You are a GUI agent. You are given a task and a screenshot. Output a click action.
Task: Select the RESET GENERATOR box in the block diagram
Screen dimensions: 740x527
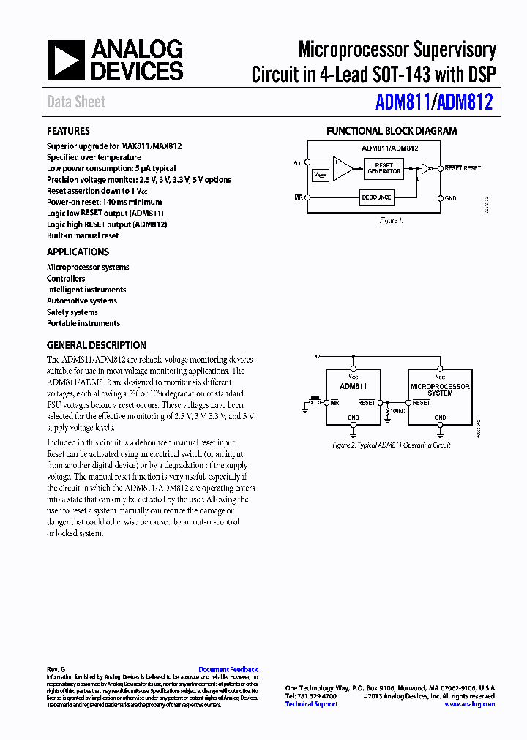pyautogui.click(x=384, y=168)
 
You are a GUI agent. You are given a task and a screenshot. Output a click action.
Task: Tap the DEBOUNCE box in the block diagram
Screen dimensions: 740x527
pyautogui.click(x=377, y=197)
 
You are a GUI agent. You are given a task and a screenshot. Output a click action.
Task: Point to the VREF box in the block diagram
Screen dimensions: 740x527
pyautogui.click(x=321, y=175)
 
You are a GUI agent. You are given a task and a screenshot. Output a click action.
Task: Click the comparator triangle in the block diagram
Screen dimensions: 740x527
pyautogui.click(x=342, y=168)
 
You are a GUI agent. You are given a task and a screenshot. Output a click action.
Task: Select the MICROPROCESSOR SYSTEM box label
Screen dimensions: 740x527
pyautogui.click(x=440, y=390)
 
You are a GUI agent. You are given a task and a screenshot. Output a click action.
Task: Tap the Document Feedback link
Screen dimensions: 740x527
pyautogui.click(x=228, y=670)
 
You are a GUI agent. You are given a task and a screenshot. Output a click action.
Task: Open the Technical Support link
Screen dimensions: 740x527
pyautogui.click(x=311, y=704)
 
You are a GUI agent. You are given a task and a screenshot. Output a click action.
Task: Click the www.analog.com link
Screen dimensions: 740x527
pyautogui.click(x=470, y=704)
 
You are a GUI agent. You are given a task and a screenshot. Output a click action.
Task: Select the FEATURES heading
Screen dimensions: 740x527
pyautogui.click(x=68, y=132)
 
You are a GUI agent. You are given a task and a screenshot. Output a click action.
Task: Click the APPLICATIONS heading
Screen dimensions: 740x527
pyautogui.click(x=78, y=252)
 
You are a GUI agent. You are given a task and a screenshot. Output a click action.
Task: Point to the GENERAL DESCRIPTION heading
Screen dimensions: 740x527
pyautogui.click(x=97, y=345)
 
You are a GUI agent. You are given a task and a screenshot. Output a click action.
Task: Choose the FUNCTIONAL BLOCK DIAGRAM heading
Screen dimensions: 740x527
pyautogui.click(x=392, y=132)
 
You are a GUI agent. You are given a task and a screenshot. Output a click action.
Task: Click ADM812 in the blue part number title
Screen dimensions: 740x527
pyautogui.click(x=466, y=102)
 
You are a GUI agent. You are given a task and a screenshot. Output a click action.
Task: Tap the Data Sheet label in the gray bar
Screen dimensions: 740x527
pyautogui.click(x=76, y=102)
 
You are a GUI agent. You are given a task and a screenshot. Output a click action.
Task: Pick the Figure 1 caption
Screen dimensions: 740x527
pyautogui.click(x=392, y=220)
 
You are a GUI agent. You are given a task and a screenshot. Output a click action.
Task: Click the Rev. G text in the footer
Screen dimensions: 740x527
pyautogui.click(x=56, y=670)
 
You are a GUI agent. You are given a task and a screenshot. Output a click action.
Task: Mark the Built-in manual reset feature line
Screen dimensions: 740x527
pyautogui.click(x=83, y=235)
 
